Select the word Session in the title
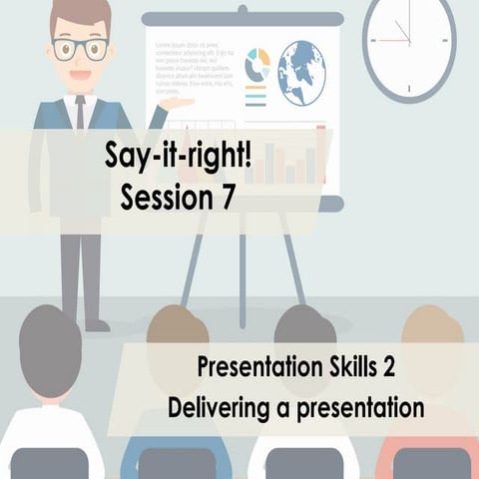166,197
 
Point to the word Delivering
215,408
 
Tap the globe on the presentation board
301,72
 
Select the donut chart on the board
257,63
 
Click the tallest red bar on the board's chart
321,155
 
